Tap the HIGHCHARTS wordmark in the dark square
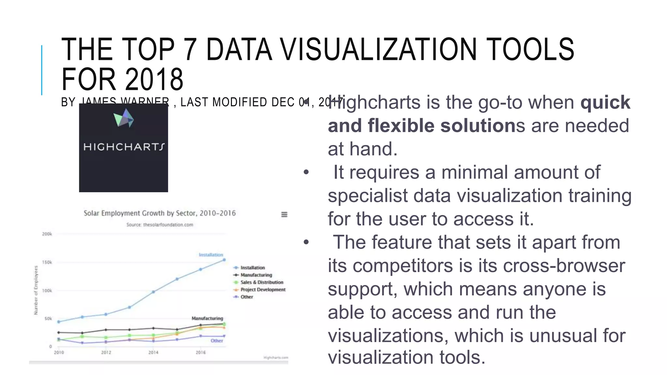124,147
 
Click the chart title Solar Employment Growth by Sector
160,213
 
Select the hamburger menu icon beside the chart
284,215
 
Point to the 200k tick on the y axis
47,234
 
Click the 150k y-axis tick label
47,262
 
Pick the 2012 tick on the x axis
106,352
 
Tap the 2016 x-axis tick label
201,352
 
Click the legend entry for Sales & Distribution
262,282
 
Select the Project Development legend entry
263,289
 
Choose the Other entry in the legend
247,297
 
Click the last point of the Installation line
224,260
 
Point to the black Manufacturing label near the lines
207,318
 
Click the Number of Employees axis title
36,290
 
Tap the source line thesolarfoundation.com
160,225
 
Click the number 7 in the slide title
190,49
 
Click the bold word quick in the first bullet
605,102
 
